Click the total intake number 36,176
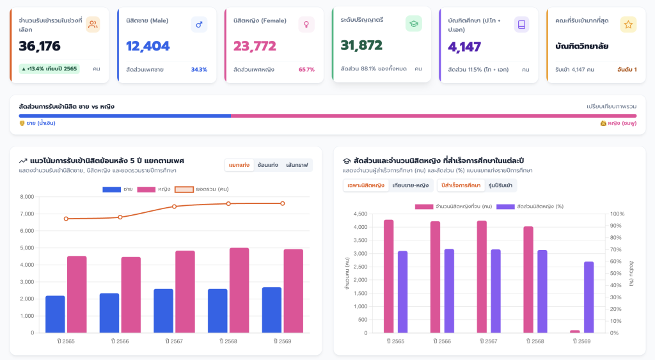tap(40, 46)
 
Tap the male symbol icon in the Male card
tap(199, 25)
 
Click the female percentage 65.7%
tap(306, 69)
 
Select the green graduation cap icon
tap(414, 24)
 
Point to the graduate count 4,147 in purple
tap(464, 47)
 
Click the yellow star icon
tap(628, 25)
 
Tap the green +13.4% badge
tap(49, 68)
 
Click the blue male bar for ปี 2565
tap(55, 314)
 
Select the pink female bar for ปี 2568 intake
tap(239, 290)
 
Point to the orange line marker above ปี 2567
tap(174, 207)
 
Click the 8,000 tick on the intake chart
tap(27, 197)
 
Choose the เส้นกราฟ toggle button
tap(297, 165)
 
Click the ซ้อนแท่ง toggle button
tap(268, 165)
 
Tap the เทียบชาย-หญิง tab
tap(411, 185)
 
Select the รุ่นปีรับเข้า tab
tap(500, 185)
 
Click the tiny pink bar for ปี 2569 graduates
tap(575, 332)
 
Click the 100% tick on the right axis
tap(617, 214)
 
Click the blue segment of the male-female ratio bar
tap(125, 116)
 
